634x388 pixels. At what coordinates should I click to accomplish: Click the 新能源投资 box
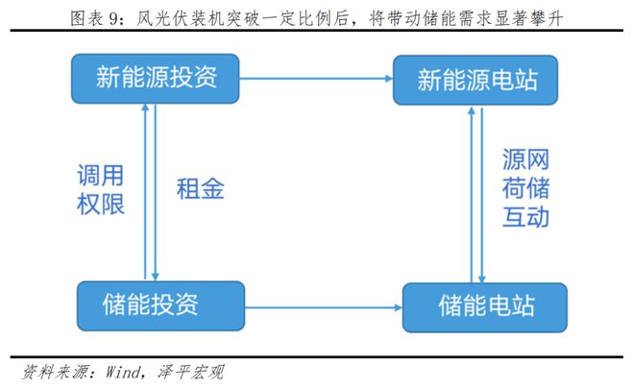[155, 78]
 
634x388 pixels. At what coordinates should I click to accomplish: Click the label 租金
[200, 188]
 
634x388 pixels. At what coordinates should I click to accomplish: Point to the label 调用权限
[101, 189]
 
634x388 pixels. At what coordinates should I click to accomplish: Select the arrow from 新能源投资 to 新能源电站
[315, 79]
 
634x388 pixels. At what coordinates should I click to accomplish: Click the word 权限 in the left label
[101, 204]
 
